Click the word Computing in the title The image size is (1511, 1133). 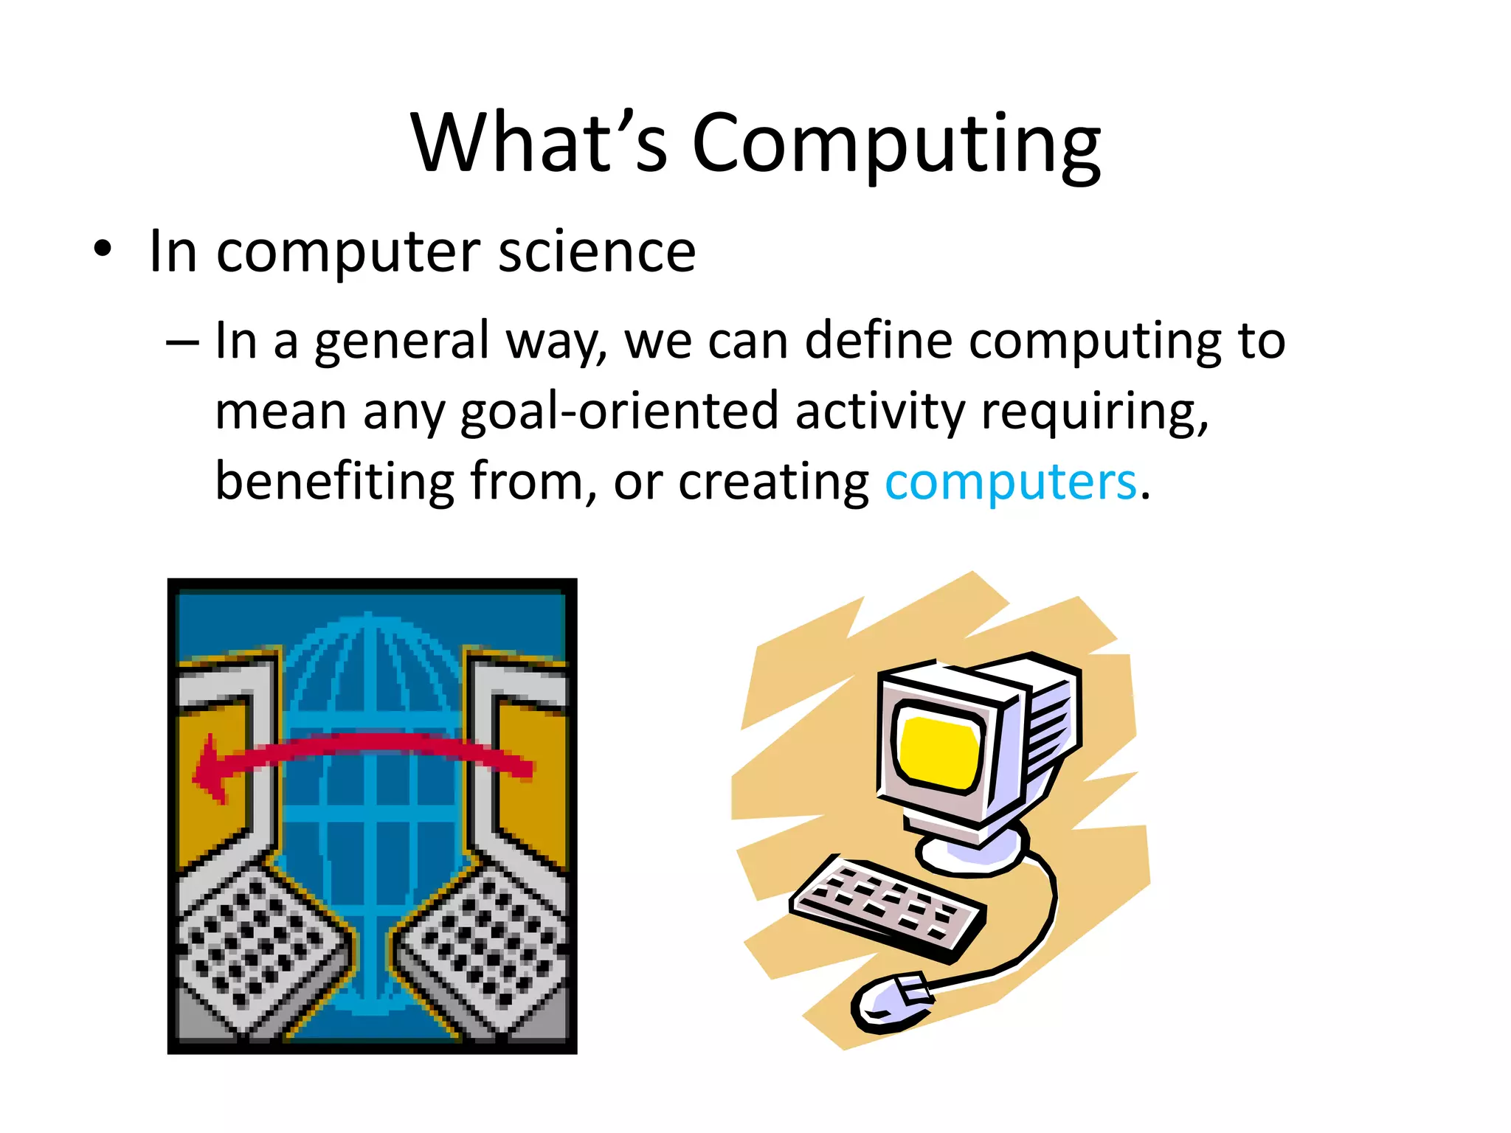click(x=896, y=144)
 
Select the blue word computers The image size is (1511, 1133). click(x=1011, y=482)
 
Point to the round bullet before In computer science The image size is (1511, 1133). click(x=103, y=250)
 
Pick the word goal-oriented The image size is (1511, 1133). click(x=619, y=412)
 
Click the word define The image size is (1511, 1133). click(x=878, y=341)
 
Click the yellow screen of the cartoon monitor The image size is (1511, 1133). click(x=939, y=750)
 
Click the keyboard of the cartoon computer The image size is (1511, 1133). click(x=886, y=907)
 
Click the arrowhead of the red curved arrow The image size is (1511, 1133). click(x=210, y=771)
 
